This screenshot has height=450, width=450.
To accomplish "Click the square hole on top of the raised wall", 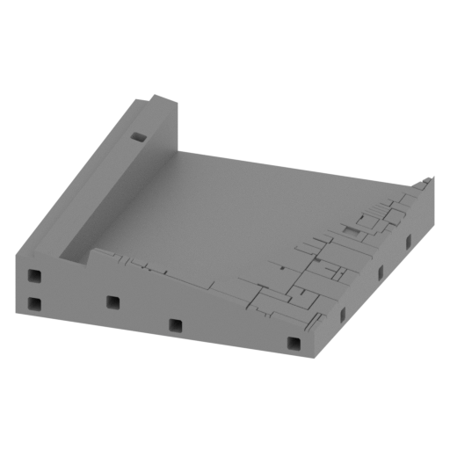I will (138, 137).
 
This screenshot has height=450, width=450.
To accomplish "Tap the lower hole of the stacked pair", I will (33, 304).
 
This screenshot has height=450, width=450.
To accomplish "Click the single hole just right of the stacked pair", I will (112, 302).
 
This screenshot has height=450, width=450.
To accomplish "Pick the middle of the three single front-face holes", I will (175, 325).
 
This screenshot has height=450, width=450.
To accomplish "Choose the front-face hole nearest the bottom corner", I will (294, 342).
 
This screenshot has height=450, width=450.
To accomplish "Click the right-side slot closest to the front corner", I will (339, 314).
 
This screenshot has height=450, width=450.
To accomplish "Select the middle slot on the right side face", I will (381, 273).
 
